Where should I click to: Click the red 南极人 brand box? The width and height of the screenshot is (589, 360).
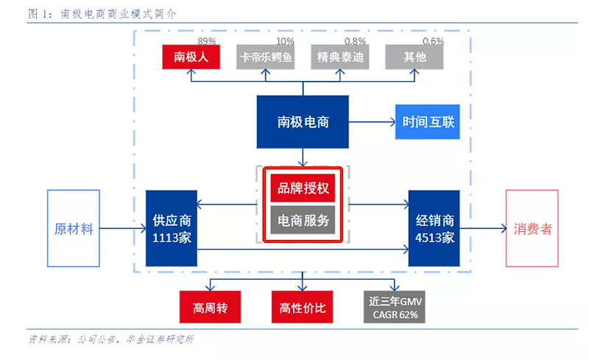[x=190, y=57]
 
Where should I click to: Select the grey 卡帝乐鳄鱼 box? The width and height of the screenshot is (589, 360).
[x=265, y=57]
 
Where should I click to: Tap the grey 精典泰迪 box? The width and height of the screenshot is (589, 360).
[x=339, y=57]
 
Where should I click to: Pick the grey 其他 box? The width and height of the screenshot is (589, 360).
[x=415, y=57]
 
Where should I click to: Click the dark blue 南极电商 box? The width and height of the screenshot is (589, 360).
[x=303, y=121]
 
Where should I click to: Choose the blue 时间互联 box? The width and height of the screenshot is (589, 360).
[x=428, y=121]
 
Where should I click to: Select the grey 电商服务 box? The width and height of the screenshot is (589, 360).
[x=303, y=219]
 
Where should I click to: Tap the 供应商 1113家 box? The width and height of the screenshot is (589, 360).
[x=172, y=228]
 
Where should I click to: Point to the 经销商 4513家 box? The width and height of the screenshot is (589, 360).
[x=434, y=228]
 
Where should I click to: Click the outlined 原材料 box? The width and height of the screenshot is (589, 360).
[x=74, y=228]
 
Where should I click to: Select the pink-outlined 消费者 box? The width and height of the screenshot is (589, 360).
[x=532, y=228]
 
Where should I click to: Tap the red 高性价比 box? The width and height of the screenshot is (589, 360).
[x=303, y=307]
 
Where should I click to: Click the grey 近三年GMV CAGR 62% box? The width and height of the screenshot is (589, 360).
[x=395, y=307]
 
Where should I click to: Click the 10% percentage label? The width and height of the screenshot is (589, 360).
[x=285, y=41]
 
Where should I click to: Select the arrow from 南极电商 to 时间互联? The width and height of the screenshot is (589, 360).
[x=372, y=121]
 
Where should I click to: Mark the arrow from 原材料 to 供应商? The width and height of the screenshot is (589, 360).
[x=121, y=228]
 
